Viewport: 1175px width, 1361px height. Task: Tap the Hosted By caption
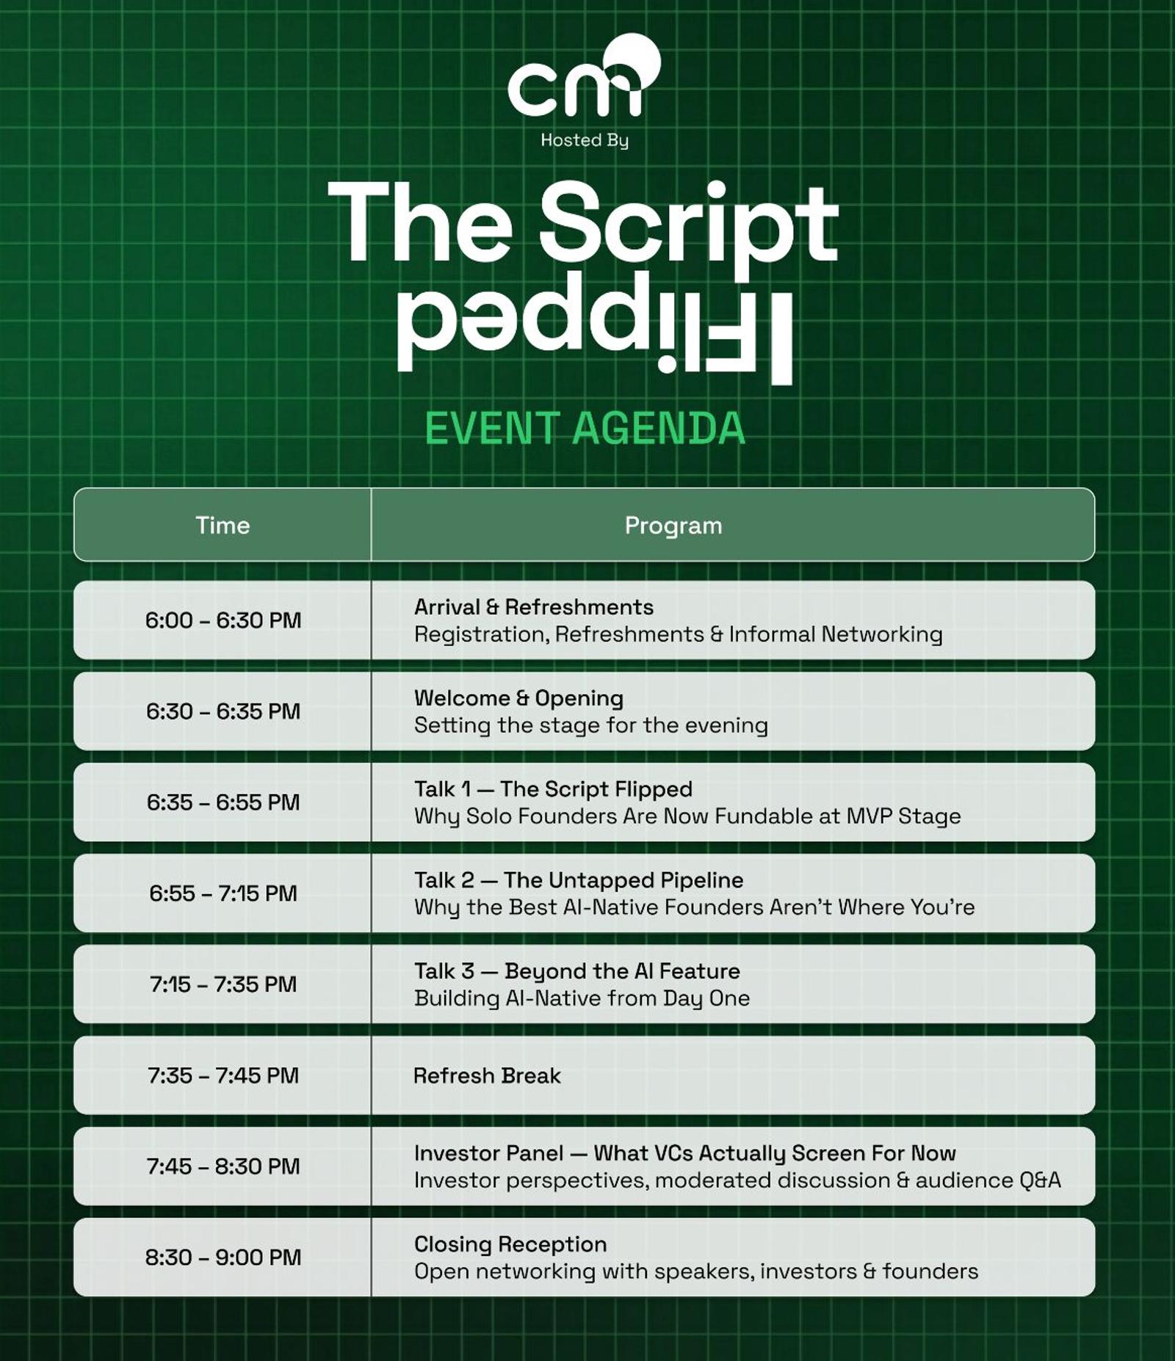click(585, 140)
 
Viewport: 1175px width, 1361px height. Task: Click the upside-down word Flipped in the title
click(595, 329)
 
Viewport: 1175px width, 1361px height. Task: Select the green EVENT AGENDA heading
click(585, 429)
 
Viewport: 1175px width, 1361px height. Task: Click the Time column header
click(223, 526)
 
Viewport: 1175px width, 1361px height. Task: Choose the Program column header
click(673, 526)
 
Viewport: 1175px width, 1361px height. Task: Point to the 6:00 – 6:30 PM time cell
click(223, 620)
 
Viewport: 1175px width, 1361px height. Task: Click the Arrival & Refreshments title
click(534, 607)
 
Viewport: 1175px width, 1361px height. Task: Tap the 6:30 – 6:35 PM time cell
click(223, 711)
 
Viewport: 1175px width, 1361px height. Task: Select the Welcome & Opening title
click(518, 698)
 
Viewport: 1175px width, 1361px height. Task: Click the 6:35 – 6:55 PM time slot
click(223, 802)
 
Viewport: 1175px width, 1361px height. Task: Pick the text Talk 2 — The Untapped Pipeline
click(579, 880)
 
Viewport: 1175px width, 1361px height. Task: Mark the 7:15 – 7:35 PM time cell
click(223, 984)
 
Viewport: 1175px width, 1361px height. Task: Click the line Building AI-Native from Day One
click(582, 998)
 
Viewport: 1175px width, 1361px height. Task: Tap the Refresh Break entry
click(487, 1076)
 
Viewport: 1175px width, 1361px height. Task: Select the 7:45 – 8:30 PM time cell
click(223, 1166)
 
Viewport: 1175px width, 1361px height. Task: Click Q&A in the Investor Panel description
click(1040, 1180)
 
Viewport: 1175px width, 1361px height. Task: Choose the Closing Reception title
click(510, 1244)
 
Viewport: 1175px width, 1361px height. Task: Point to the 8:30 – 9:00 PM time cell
click(223, 1257)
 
